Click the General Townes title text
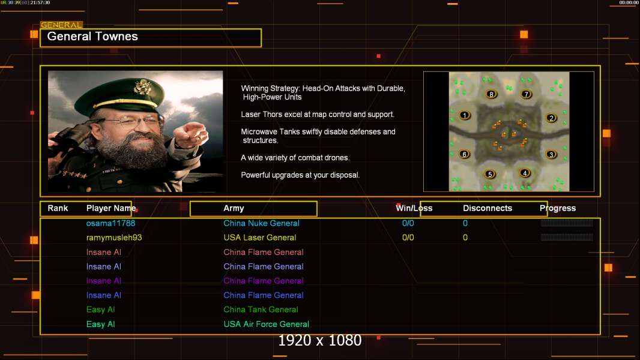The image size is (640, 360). point(92,36)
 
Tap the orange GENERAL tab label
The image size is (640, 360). point(61,25)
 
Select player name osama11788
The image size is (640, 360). point(110,223)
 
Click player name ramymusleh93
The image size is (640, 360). point(114,237)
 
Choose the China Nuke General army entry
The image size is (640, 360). point(261,223)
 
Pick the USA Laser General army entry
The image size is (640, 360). point(259,237)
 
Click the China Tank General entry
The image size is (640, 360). point(261,310)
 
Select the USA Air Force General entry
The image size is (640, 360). point(266,324)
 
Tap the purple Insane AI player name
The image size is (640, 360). point(104,280)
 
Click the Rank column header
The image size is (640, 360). point(58,208)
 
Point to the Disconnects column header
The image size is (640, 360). point(488,208)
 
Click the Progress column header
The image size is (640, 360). point(558,208)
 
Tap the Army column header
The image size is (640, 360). point(234,208)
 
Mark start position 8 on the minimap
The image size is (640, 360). point(491,94)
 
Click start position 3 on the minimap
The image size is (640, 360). point(551,155)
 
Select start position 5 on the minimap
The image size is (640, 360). point(490,175)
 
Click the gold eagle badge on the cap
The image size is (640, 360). point(143,87)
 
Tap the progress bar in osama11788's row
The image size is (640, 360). point(567,223)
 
